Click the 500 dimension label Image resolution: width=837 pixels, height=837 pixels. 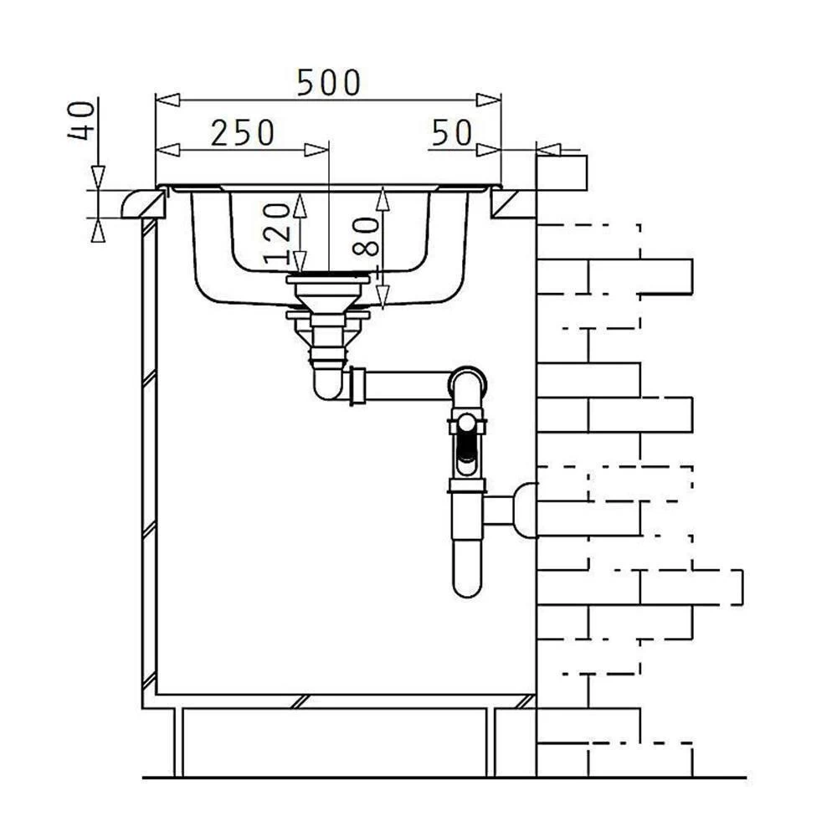(x=329, y=83)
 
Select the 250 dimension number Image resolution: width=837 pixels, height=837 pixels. (x=243, y=133)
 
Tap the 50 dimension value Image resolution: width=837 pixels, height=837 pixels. (x=452, y=133)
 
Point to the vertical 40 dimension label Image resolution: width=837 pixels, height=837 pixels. (x=82, y=121)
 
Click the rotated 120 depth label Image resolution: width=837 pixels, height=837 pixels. (x=278, y=234)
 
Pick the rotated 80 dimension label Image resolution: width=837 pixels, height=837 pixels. (x=367, y=237)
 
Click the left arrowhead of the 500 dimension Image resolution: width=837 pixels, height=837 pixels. (x=167, y=100)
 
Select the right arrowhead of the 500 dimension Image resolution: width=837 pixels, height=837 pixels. (x=489, y=100)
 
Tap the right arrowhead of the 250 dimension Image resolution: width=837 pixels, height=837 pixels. (x=316, y=150)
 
